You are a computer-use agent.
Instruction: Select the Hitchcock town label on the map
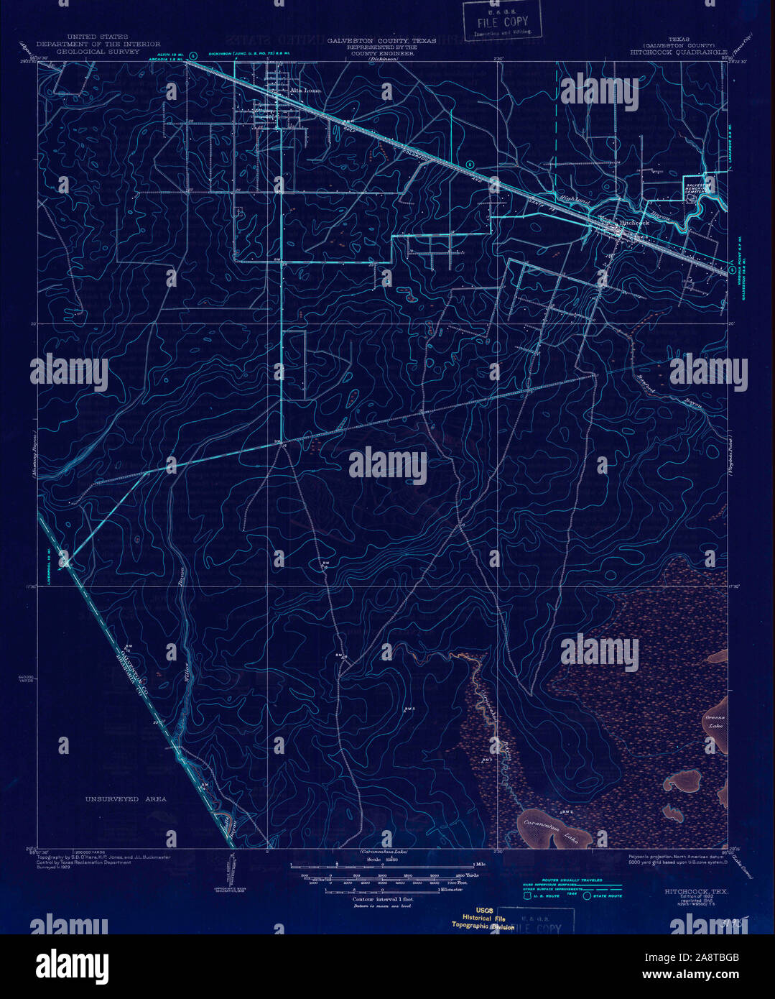pos(634,223)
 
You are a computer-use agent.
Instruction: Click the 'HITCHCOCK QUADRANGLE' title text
pos(679,52)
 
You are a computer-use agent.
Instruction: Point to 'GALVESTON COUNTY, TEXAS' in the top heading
pos(381,41)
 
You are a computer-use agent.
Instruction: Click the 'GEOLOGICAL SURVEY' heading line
pos(98,52)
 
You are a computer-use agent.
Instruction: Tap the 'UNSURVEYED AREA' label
pos(126,798)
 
